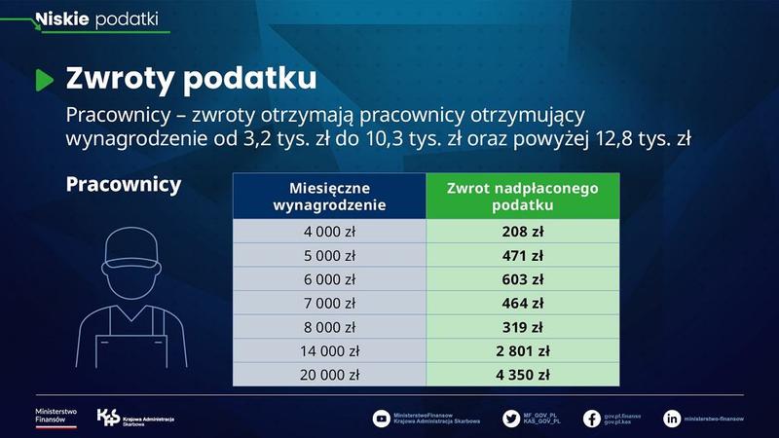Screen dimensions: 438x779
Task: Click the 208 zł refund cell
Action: [x=523, y=232]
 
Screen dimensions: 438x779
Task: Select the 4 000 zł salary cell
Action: [x=329, y=232]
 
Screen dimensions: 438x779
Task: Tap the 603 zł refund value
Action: [x=523, y=279]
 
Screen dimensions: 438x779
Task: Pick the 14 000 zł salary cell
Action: [x=329, y=350]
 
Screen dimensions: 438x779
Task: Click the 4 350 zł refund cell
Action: [x=523, y=374]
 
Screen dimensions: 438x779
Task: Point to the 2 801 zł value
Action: [x=523, y=350]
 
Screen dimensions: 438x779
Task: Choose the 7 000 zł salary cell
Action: [x=329, y=303]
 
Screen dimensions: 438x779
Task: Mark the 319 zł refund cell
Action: [x=523, y=327]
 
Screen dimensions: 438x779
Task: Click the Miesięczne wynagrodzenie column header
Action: [x=329, y=196]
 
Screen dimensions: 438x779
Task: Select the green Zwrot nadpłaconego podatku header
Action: [x=523, y=196]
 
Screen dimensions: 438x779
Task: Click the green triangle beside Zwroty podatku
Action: [x=44, y=80]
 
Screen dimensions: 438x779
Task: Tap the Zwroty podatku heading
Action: [x=190, y=79]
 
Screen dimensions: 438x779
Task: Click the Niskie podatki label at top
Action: [x=97, y=18]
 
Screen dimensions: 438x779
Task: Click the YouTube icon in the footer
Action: [x=382, y=419]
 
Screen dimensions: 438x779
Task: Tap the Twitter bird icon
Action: [x=511, y=419]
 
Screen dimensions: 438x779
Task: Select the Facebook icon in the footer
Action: [x=591, y=419]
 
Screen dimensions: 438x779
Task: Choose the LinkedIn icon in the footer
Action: [x=672, y=419]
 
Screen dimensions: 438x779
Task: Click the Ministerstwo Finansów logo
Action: [x=56, y=417]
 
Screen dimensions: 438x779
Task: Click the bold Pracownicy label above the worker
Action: [x=124, y=185]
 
